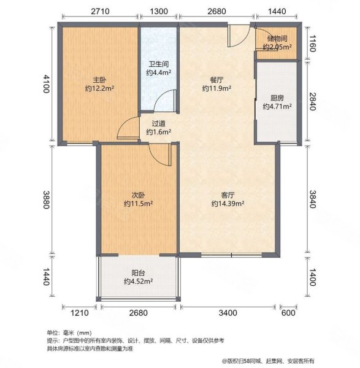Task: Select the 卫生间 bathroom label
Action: coord(158,63)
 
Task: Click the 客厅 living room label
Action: coord(228,194)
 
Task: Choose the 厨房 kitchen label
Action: coord(277,97)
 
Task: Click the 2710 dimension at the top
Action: coord(99,12)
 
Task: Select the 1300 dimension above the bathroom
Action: coord(159,12)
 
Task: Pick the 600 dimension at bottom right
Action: coord(288,313)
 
